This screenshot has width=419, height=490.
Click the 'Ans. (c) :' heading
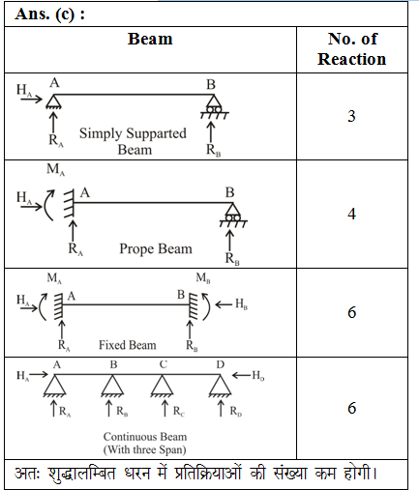(x=50, y=14)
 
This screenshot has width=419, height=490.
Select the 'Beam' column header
(x=150, y=39)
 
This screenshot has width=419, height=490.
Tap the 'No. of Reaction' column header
(x=352, y=49)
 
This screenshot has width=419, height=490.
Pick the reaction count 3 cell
(x=351, y=116)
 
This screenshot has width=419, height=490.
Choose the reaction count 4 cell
(x=351, y=214)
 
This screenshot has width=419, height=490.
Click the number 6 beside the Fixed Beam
(x=351, y=312)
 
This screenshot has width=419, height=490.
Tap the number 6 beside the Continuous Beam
(x=351, y=408)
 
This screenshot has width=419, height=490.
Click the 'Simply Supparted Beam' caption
(x=133, y=141)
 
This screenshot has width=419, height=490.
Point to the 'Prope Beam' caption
(x=156, y=249)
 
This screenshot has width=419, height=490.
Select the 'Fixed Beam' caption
(x=128, y=345)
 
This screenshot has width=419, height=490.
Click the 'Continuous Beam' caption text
(x=145, y=437)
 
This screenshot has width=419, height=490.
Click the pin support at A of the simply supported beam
(x=53, y=101)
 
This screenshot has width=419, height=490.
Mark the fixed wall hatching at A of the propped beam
(x=69, y=203)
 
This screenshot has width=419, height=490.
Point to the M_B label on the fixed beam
(x=203, y=277)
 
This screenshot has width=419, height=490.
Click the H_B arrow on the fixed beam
(x=224, y=304)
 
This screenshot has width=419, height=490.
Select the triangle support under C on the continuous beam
(x=163, y=386)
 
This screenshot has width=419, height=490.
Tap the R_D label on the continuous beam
(x=236, y=412)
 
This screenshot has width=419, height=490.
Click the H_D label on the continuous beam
(x=258, y=376)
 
